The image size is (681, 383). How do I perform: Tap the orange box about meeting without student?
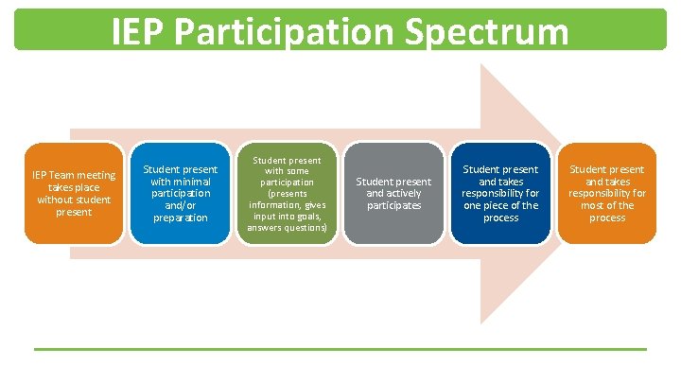coord(74,193)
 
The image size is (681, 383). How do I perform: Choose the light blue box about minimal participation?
coord(180,193)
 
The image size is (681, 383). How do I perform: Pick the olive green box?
coord(287,193)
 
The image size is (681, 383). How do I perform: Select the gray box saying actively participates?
coord(393,193)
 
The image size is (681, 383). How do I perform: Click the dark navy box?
coord(500,193)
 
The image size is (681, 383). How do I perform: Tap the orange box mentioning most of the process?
coord(607,193)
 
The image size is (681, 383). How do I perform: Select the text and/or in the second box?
coord(180,205)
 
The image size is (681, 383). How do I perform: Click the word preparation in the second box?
coord(180,218)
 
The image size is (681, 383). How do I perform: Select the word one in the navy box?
coord(470,205)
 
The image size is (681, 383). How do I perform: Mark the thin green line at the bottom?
coord(340,350)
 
